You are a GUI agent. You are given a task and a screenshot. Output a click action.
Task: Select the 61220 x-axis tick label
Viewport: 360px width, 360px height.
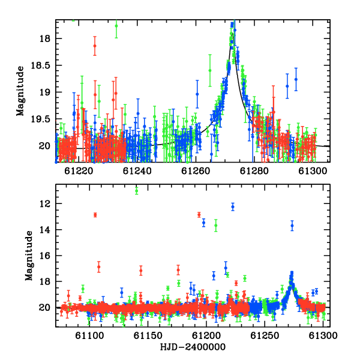[x=79, y=171]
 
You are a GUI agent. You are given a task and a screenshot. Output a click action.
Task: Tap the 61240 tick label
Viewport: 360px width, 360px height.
[x=137, y=171]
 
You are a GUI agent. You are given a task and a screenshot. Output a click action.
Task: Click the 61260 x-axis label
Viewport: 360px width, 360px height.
[x=196, y=171]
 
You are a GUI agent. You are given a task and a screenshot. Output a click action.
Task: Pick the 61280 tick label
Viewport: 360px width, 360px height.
[x=254, y=171]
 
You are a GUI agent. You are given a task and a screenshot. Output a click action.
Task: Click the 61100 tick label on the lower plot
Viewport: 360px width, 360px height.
[x=89, y=335]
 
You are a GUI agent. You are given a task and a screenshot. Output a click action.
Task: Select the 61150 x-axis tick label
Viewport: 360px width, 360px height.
[x=148, y=335]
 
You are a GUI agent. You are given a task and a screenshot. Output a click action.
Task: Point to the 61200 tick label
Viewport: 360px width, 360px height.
[x=206, y=335]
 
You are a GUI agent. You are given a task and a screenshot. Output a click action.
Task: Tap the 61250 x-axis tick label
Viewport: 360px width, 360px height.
[x=265, y=335]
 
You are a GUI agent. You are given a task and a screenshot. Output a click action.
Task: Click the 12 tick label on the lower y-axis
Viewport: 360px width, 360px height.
[x=44, y=203]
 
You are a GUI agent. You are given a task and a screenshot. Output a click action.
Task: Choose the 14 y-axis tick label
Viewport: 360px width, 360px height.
[x=44, y=230]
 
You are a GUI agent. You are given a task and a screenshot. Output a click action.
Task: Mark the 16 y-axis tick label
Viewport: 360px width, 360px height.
[x=44, y=256]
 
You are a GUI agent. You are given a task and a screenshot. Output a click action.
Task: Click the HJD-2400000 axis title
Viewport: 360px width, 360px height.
[x=193, y=347]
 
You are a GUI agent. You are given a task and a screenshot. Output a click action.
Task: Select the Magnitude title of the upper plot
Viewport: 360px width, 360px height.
[x=20, y=91]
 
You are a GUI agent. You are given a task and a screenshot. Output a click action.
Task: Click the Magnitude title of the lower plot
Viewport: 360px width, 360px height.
[x=29, y=256]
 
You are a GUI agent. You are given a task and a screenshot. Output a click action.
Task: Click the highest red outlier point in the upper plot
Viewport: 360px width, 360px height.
[x=95, y=46]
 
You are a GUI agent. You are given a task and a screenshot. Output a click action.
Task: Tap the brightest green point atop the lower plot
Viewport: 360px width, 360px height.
[x=137, y=191]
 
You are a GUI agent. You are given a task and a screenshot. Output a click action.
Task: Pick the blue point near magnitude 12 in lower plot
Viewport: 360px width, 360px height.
[x=233, y=207]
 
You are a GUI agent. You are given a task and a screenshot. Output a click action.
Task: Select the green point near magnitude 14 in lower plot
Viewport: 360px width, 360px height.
[x=216, y=226]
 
